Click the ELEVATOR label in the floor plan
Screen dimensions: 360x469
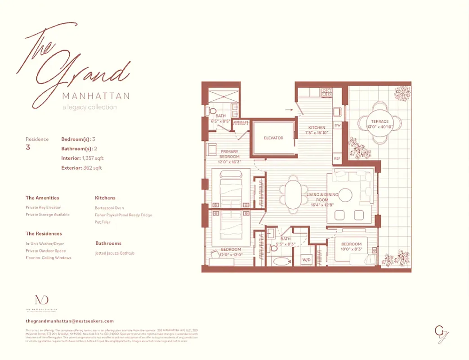point(273,138)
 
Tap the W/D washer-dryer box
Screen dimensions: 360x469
point(306,260)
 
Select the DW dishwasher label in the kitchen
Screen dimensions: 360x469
point(337,126)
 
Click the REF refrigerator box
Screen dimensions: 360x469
point(337,158)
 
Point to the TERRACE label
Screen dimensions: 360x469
point(380,121)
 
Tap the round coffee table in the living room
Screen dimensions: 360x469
point(345,195)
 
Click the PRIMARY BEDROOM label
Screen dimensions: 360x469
point(229,154)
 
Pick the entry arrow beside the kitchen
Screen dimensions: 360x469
point(288,109)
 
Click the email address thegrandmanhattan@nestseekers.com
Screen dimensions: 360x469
point(70,321)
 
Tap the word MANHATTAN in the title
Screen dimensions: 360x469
point(96,96)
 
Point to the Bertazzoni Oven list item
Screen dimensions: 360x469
point(109,208)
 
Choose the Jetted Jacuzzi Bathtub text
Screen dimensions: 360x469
point(115,253)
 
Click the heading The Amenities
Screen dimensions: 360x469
point(42,198)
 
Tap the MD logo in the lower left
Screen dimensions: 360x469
point(41,300)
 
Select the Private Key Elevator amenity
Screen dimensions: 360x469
point(43,207)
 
